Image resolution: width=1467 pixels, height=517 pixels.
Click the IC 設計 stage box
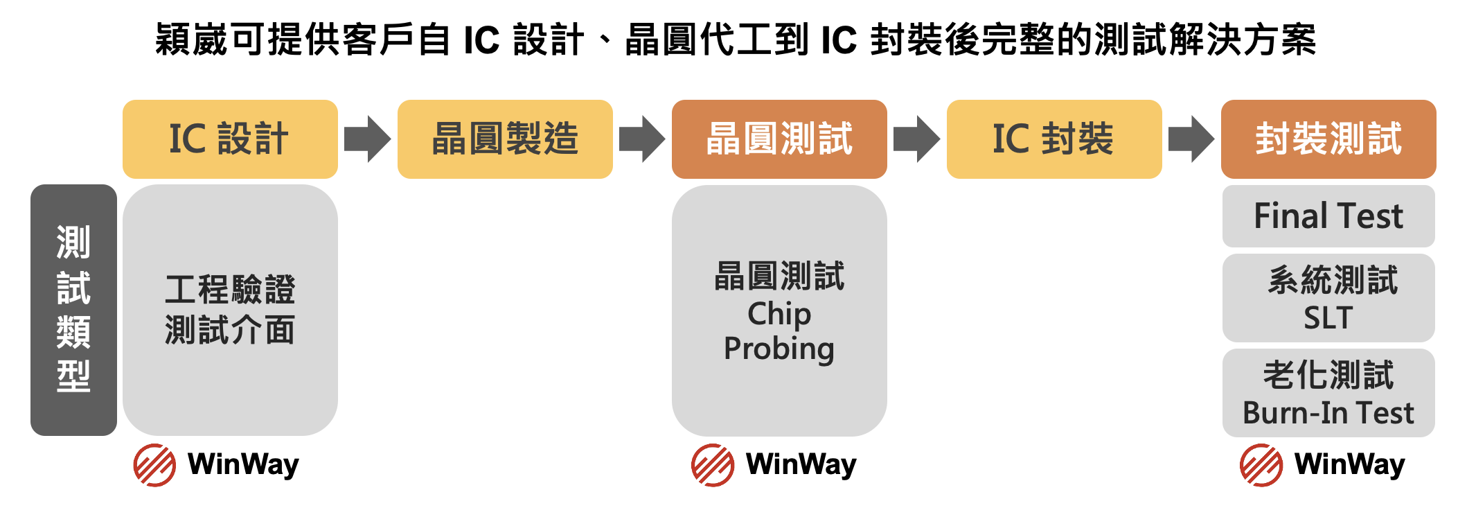(x=230, y=139)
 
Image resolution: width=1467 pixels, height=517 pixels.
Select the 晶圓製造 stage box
(x=505, y=139)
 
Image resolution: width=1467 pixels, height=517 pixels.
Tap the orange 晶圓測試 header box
(x=779, y=139)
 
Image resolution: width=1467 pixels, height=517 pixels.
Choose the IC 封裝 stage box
(x=1053, y=139)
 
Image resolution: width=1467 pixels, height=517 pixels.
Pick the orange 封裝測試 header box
(x=1328, y=139)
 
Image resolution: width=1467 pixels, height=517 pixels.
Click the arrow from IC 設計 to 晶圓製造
(x=367, y=139)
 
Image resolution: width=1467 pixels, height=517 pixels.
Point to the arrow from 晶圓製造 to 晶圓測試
(x=642, y=139)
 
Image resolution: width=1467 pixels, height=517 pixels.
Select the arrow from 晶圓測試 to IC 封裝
(x=916, y=139)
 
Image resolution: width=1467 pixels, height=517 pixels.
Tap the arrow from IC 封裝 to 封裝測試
(x=1191, y=139)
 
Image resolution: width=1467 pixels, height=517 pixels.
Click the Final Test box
(x=1328, y=216)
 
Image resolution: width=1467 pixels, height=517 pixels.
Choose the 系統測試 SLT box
(x=1328, y=298)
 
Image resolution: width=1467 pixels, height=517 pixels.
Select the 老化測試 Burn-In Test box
(x=1328, y=393)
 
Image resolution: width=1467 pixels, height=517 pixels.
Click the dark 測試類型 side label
(x=73, y=310)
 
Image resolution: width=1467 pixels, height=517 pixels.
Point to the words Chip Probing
(x=779, y=331)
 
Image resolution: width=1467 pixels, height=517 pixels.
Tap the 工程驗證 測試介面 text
(x=230, y=309)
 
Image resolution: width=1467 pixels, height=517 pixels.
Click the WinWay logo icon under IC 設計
(x=154, y=465)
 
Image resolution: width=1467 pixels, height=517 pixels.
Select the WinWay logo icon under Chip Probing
(x=713, y=465)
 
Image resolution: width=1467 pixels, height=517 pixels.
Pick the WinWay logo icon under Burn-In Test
(x=1261, y=465)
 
